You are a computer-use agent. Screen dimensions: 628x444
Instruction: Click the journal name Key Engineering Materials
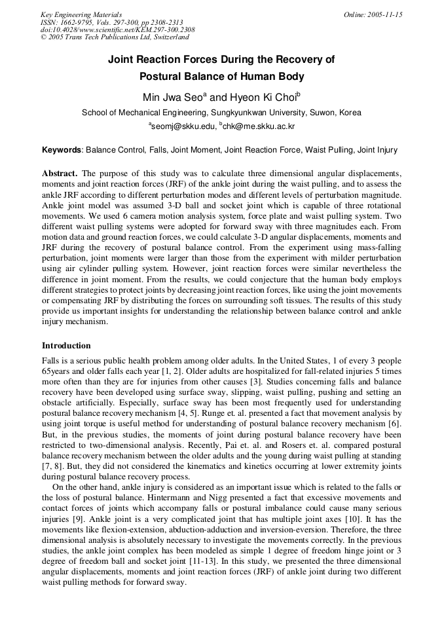coord(81,14)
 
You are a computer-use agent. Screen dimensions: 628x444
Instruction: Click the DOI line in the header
coord(117,30)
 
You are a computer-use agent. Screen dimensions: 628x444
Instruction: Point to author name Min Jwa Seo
coord(173,98)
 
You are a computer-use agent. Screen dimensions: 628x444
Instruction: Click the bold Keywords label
coord(62,150)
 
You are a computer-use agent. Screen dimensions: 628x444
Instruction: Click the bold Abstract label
coord(60,174)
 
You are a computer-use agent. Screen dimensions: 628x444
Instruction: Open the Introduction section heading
coord(66,345)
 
